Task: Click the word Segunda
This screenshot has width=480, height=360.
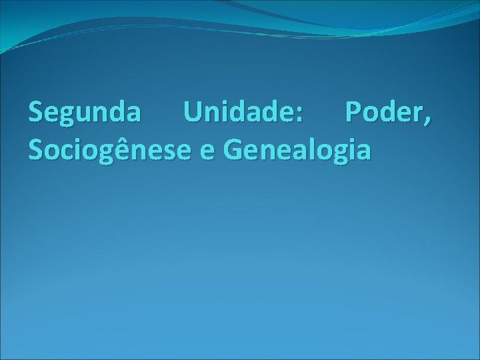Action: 85,113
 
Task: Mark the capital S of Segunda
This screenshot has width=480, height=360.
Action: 36,113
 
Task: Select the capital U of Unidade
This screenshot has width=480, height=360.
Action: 194,113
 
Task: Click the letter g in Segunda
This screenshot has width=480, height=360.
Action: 69,117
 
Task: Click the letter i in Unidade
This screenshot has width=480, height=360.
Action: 231,113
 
